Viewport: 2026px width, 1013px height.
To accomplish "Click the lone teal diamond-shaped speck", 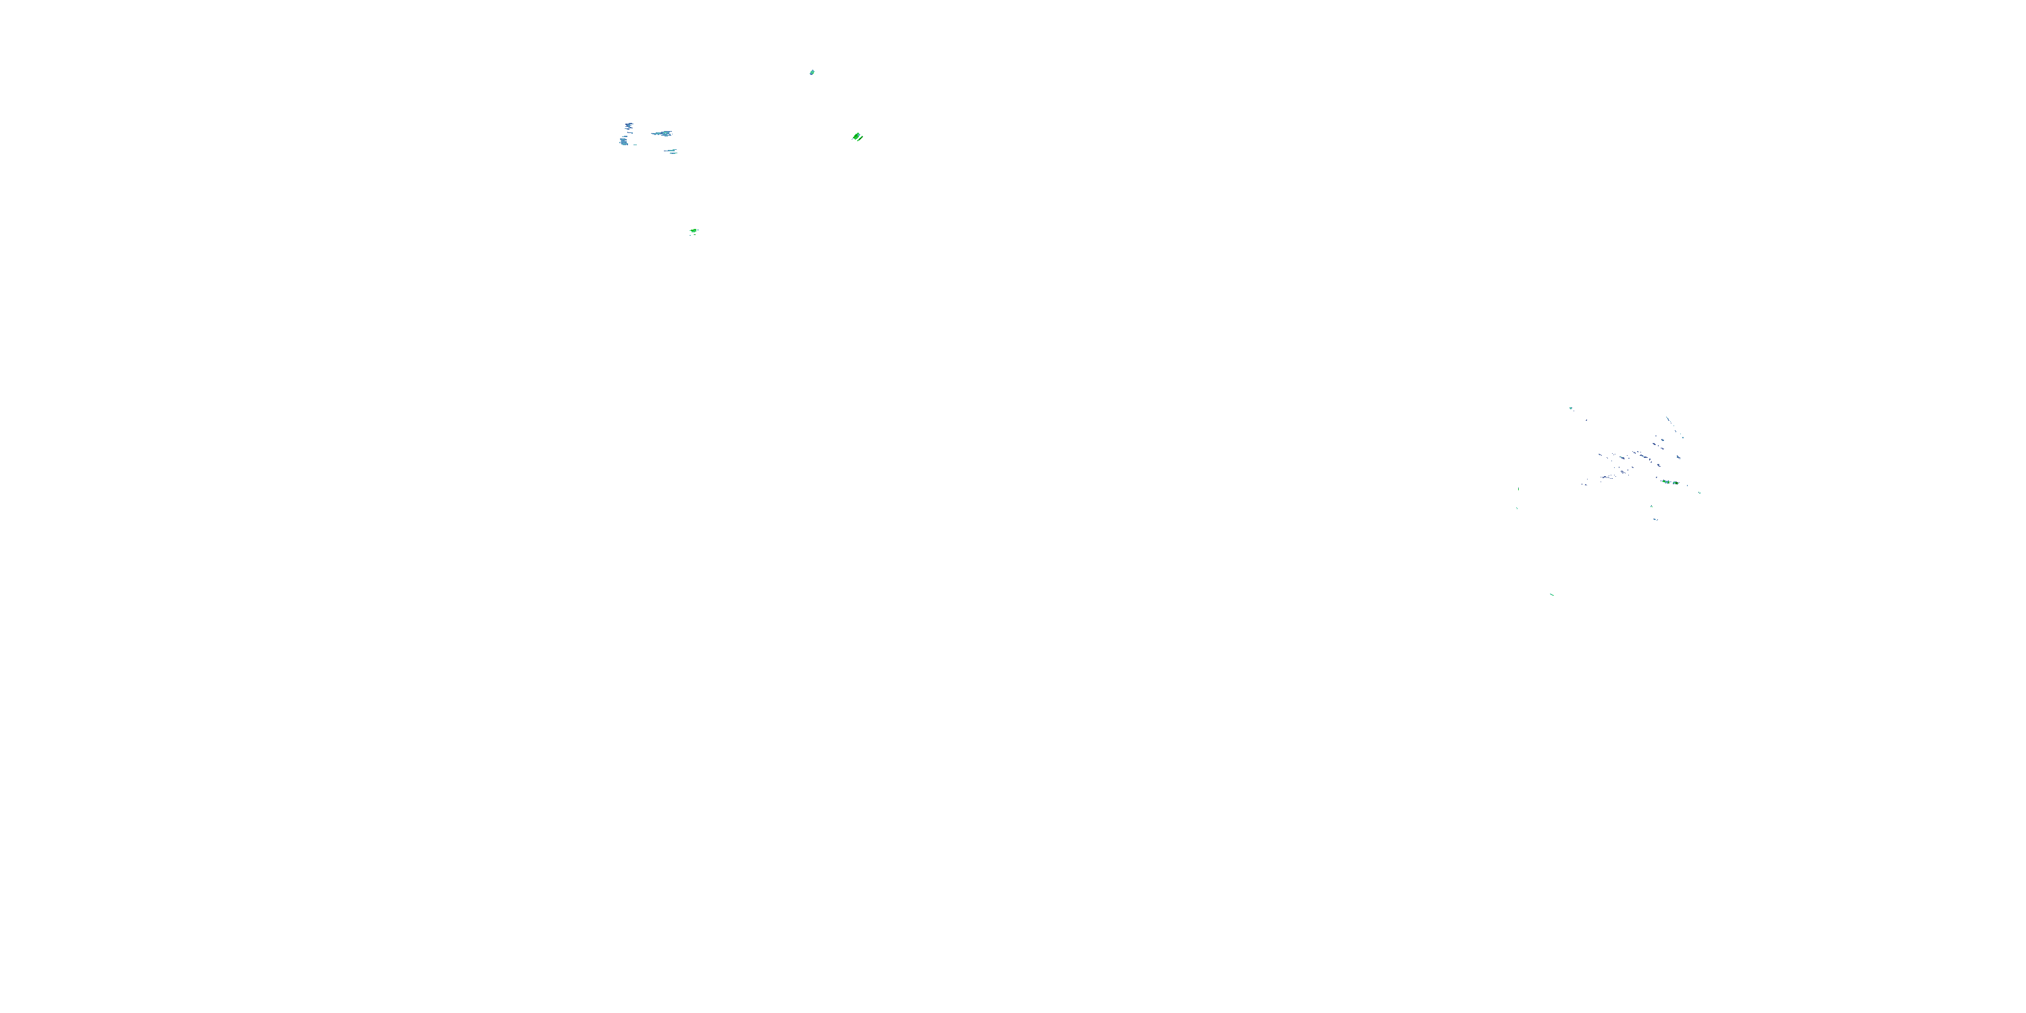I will (x=812, y=72).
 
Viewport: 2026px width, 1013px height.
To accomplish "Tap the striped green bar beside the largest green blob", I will (x=861, y=138).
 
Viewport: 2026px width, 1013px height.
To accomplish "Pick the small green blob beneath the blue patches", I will (x=693, y=231).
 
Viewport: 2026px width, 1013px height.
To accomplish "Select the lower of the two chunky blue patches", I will (x=624, y=142).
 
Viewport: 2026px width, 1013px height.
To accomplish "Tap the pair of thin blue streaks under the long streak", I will (x=670, y=151).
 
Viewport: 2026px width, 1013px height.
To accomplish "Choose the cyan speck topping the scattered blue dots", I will (x=1571, y=408).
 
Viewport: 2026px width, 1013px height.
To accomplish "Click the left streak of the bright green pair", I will (x=1666, y=482).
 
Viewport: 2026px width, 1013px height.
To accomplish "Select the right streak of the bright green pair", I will (x=1676, y=483).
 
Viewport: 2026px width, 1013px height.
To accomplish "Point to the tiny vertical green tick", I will (x=1518, y=489).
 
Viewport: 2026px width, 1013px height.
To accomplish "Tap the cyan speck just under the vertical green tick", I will (x=1517, y=508).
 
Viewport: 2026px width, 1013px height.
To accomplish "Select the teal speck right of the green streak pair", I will (x=1700, y=493).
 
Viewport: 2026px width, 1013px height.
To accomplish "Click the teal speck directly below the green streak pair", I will (x=1652, y=506).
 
